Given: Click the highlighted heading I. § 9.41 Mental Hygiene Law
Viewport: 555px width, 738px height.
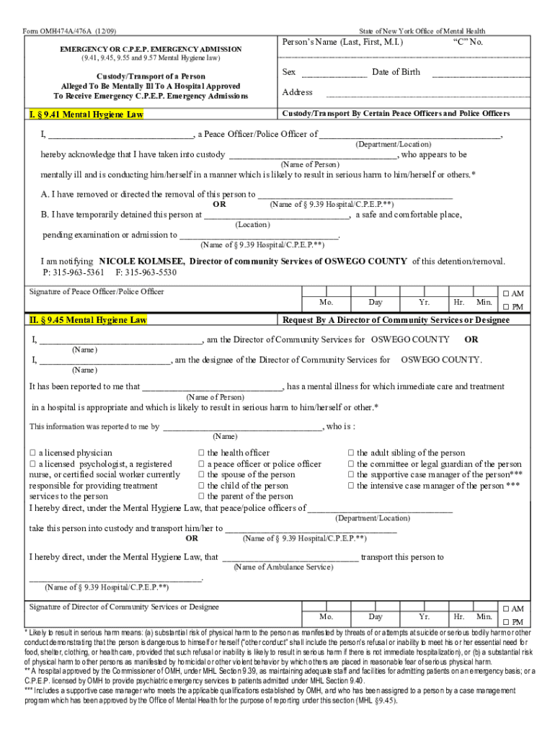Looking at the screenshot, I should pos(86,115).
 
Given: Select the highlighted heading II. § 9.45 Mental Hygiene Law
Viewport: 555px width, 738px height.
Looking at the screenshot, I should pos(88,320).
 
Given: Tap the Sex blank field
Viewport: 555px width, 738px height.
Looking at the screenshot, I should pos(334,72).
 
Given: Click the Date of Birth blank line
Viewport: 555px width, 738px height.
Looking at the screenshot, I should pos(480,72).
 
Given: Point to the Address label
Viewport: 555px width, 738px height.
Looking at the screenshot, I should pos(297,92).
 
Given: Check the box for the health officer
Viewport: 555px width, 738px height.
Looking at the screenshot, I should pos(201,453).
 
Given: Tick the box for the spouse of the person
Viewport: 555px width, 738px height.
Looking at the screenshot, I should pos(201,475).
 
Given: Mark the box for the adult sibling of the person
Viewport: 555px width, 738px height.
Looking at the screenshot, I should pos(351,453).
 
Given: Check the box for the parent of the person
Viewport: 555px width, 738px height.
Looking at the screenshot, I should pos(201,497).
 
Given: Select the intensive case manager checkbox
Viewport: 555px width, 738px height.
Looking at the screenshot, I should pos(351,486).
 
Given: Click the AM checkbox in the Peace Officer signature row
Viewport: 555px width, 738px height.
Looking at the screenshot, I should pos(507,294).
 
